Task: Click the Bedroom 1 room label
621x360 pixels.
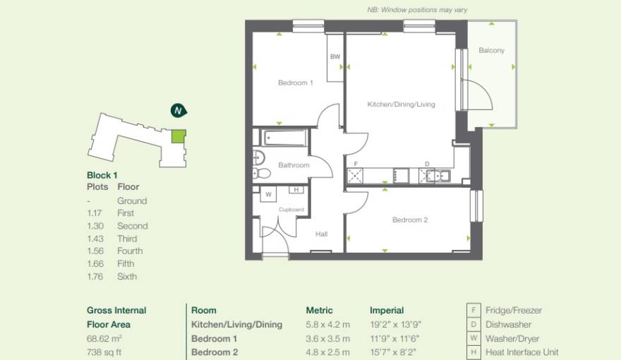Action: (x=295, y=83)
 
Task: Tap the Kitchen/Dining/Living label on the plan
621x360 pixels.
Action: (x=401, y=104)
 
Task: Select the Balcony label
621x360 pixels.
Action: (x=491, y=51)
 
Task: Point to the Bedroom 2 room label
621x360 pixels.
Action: (x=410, y=220)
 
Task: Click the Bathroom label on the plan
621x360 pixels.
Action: (x=294, y=165)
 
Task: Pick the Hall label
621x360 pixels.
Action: (x=321, y=234)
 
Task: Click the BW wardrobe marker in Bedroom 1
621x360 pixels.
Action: (x=334, y=57)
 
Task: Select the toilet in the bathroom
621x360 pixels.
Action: (x=262, y=172)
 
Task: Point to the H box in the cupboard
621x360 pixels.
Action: (x=296, y=190)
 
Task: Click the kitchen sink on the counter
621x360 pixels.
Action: (x=437, y=176)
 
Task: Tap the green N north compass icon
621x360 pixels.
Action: (x=179, y=110)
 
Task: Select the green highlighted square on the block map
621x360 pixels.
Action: (x=179, y=136)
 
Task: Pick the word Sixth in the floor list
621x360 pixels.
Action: (x=127, y=277)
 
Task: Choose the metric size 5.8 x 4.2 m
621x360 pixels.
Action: (x=327, y=325)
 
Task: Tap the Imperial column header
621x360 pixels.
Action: (x=387, y=310)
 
